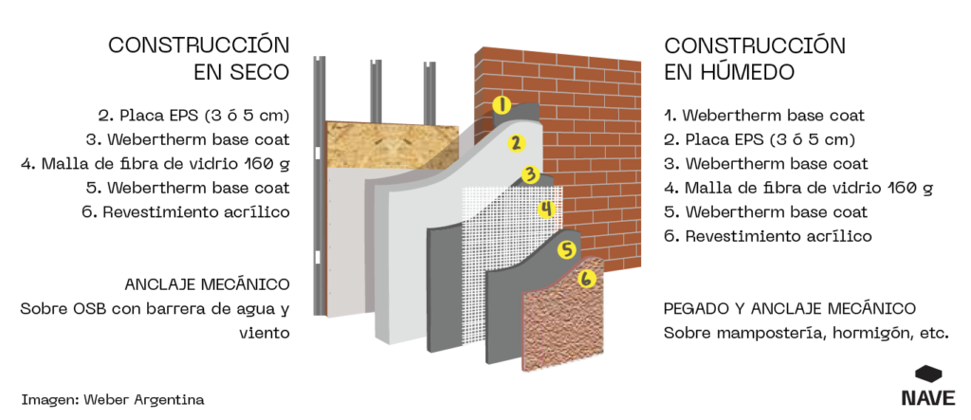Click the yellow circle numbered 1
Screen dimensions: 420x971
click(502, 105)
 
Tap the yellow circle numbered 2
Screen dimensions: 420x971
click(516, 143)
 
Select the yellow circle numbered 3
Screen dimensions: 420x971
click(531, 174)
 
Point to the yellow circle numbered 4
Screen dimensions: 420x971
click(546, 209)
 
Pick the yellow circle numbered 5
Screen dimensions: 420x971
click(567, 250)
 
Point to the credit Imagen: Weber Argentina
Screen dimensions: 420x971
click(112, 399)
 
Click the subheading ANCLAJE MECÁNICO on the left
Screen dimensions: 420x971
click(207, 284)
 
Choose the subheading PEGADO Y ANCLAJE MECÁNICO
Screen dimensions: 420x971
click(790, 308)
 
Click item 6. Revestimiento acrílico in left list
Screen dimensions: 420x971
click(185, 211)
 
